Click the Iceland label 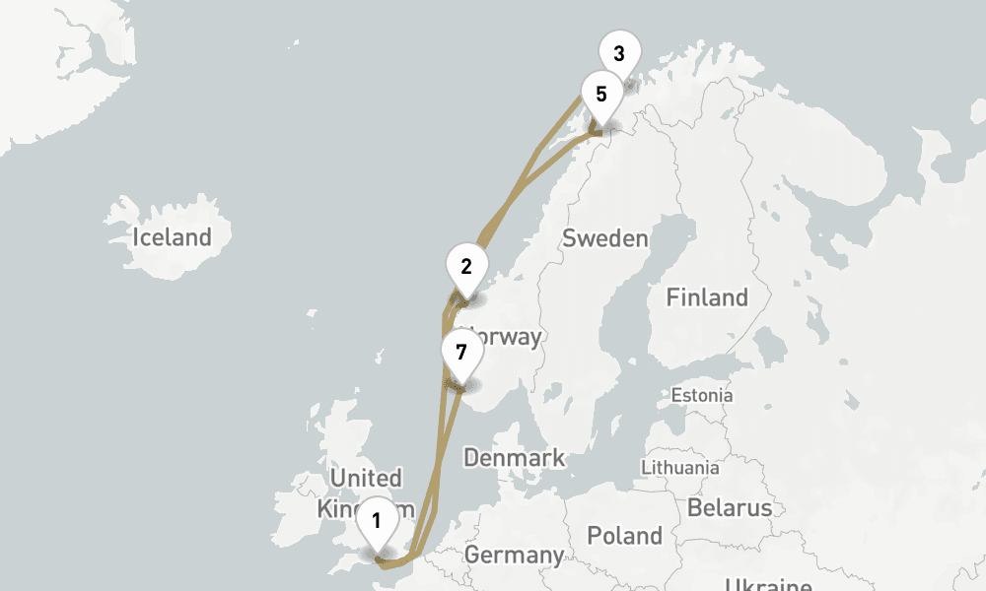[173, 237]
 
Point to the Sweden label [605, 238]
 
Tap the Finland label [707, 296]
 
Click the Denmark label [515, 457]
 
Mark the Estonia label [702, 395]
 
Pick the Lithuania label [680, 467]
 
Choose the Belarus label [730, 508]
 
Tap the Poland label [625, 536]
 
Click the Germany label [514, 555]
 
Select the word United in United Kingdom [367, 479]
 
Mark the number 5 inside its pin [600, 95]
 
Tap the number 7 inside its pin [460, 352]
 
